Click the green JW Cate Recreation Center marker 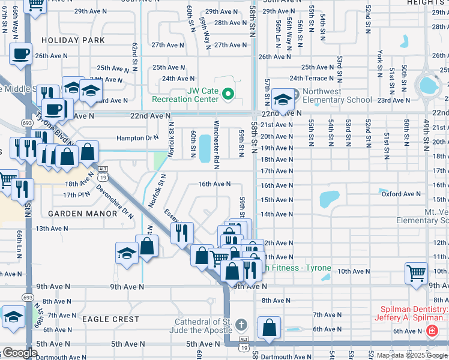click(228, 94)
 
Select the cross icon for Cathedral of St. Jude click(241, 325)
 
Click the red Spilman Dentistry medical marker click(432, 331)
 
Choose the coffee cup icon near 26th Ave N click(20, 53)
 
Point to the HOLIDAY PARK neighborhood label click(73, 41)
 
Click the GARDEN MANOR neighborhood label click(77, 213)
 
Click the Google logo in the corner click(19, 353)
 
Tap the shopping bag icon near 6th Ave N click(270, 328)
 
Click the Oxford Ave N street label click(401, 194)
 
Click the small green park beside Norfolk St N click(160, 161)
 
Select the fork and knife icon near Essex click(182, 232)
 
